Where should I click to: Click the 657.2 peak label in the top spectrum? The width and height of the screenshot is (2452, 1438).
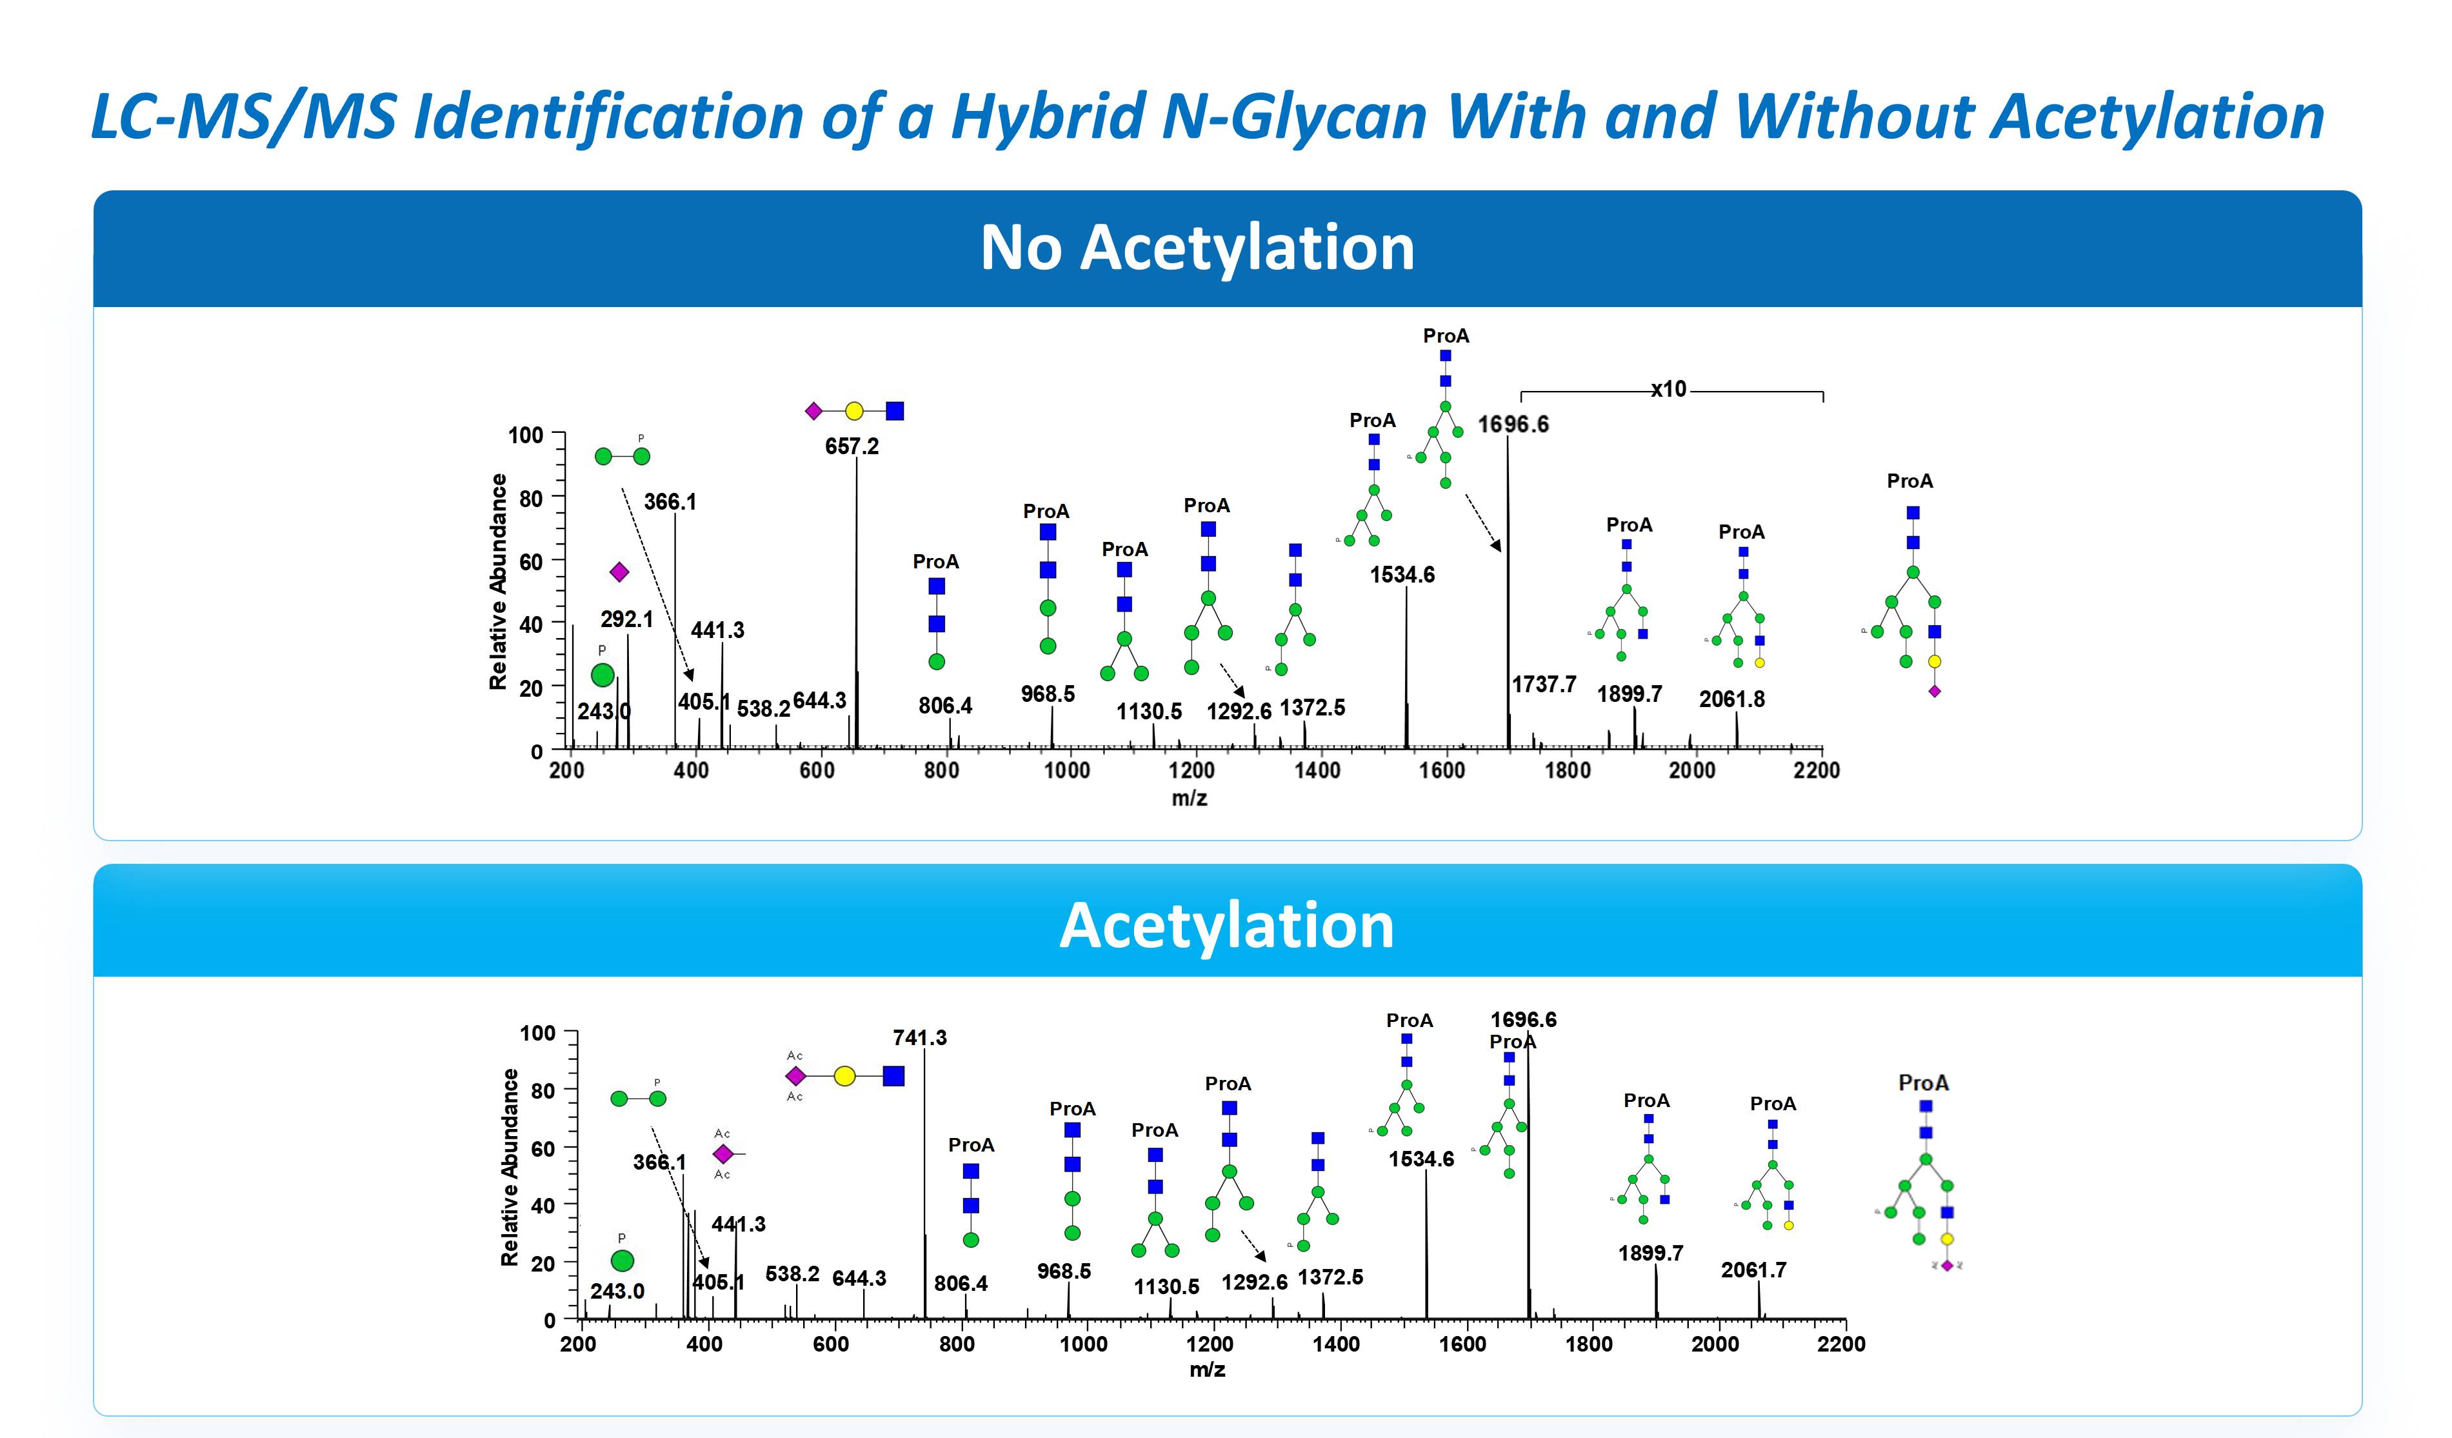tap(852, 446)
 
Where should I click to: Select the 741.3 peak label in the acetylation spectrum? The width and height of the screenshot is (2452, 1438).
tap(919, 1038)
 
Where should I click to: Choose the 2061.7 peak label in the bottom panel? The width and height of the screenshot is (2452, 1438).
tap(1753, 1270)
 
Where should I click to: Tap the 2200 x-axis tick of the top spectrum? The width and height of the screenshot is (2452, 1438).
tap(1816, 770)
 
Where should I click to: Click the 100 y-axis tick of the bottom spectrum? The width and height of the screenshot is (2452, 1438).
tap(537, 1034)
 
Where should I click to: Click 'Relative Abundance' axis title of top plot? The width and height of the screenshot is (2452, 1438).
tap(498, 582)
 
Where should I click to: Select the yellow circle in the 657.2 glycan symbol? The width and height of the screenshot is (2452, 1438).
tap(854, 412)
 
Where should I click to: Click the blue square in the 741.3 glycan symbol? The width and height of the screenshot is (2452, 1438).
tap(893, 1076)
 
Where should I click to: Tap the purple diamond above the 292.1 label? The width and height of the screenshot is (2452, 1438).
tap(619, 572)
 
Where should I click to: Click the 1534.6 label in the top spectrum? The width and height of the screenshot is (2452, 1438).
tap(1402, 575)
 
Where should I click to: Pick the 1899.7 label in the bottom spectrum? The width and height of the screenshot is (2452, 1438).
tap(1650, 1253)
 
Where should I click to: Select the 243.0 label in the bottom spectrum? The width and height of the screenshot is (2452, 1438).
tap(617, 1291)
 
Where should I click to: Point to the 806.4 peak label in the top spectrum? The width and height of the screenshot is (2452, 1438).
tap(945, 705)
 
